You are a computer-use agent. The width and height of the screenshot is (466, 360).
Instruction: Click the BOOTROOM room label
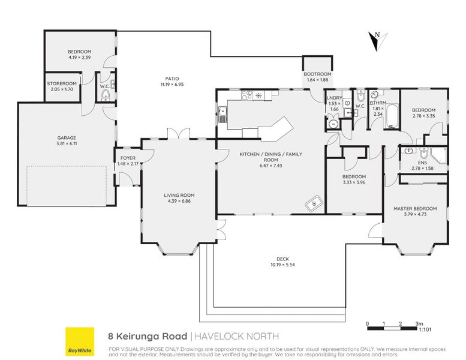pyautogui.click(x=318, y=74)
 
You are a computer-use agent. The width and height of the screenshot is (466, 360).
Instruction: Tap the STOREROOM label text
pyautogui.click(x=62, y=83)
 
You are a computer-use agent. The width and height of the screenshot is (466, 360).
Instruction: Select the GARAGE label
pyautogui.click(x=66, y=138)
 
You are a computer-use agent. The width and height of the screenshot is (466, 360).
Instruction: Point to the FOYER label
pyautogui.click(x=128, y=158)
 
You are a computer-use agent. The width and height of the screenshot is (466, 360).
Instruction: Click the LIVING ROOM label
pyautogui.click(x=179, y=195)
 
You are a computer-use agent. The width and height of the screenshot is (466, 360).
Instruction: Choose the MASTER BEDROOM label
pyautogui.click(x=415, y=208)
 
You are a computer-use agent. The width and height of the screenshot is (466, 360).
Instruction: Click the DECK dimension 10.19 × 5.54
pyautogui.click(x=283, y=265)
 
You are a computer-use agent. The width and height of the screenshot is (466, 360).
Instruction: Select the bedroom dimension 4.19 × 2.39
pyautogui.click(x=79, y=58)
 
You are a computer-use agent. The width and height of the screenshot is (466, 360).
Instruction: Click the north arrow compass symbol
pyautogui.click(x=375, y=41)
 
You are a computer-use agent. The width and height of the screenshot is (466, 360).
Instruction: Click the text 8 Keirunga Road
pyautogui.click(x=147, y=336)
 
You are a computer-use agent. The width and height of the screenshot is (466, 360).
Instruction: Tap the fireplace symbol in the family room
pyautogui.click(x=314, y=205)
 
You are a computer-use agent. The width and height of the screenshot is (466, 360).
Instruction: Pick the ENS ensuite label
pyautogui.click(x=423, y=162)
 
